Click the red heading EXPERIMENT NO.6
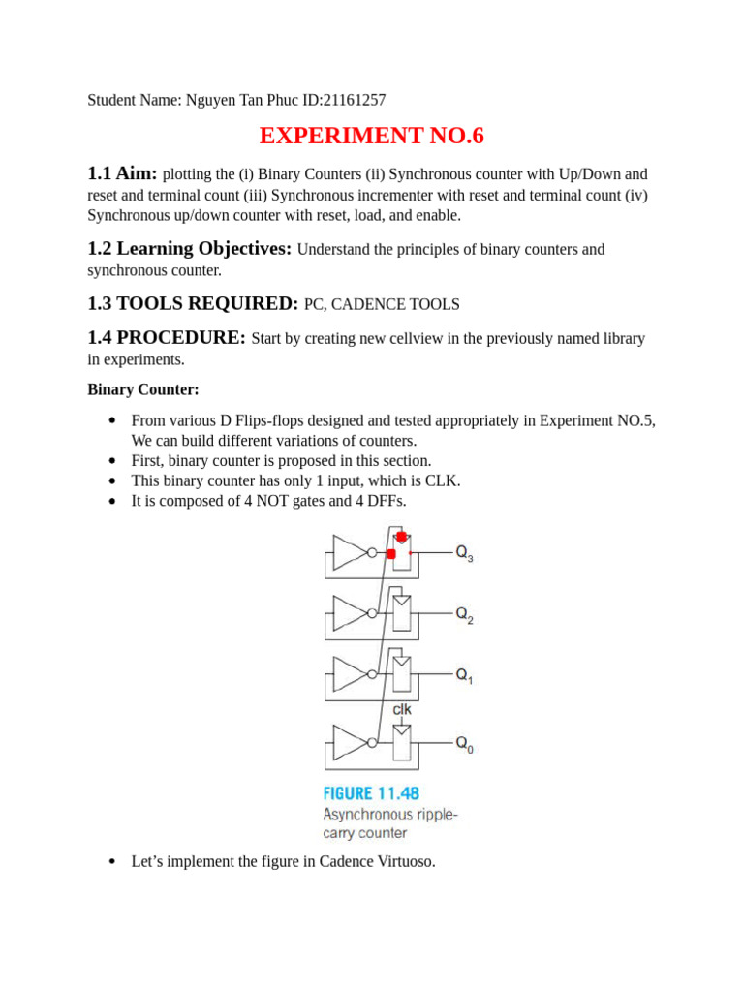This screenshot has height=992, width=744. pos(372,137)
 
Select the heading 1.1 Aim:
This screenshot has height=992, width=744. pos(122,173)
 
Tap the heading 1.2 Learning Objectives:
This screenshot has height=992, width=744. pos(189,248)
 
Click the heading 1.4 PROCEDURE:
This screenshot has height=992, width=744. pos(167,337)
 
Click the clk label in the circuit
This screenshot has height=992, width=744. pos(402,710)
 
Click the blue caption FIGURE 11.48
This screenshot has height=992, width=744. pos(372,793)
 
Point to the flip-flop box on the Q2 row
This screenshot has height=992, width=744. pos(401,613)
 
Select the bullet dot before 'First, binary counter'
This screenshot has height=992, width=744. pos(112,461)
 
